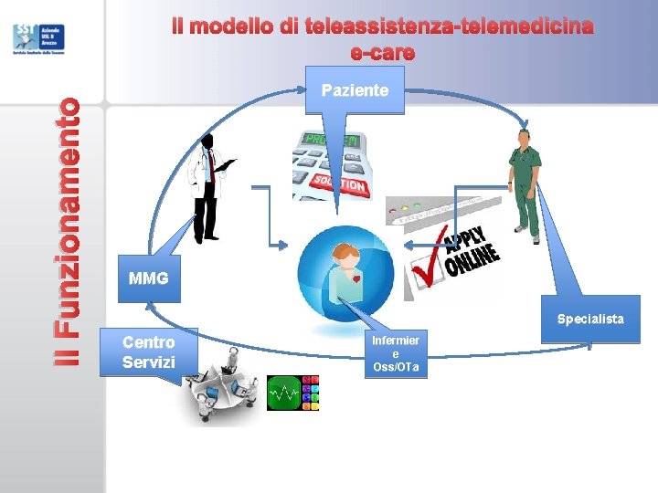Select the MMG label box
pos(149,278)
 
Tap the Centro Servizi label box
pos(149,352)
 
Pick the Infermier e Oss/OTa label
pos(395,353)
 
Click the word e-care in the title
pos(383,53)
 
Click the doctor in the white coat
pos(208,187)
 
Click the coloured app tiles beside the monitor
pos(311,393)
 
